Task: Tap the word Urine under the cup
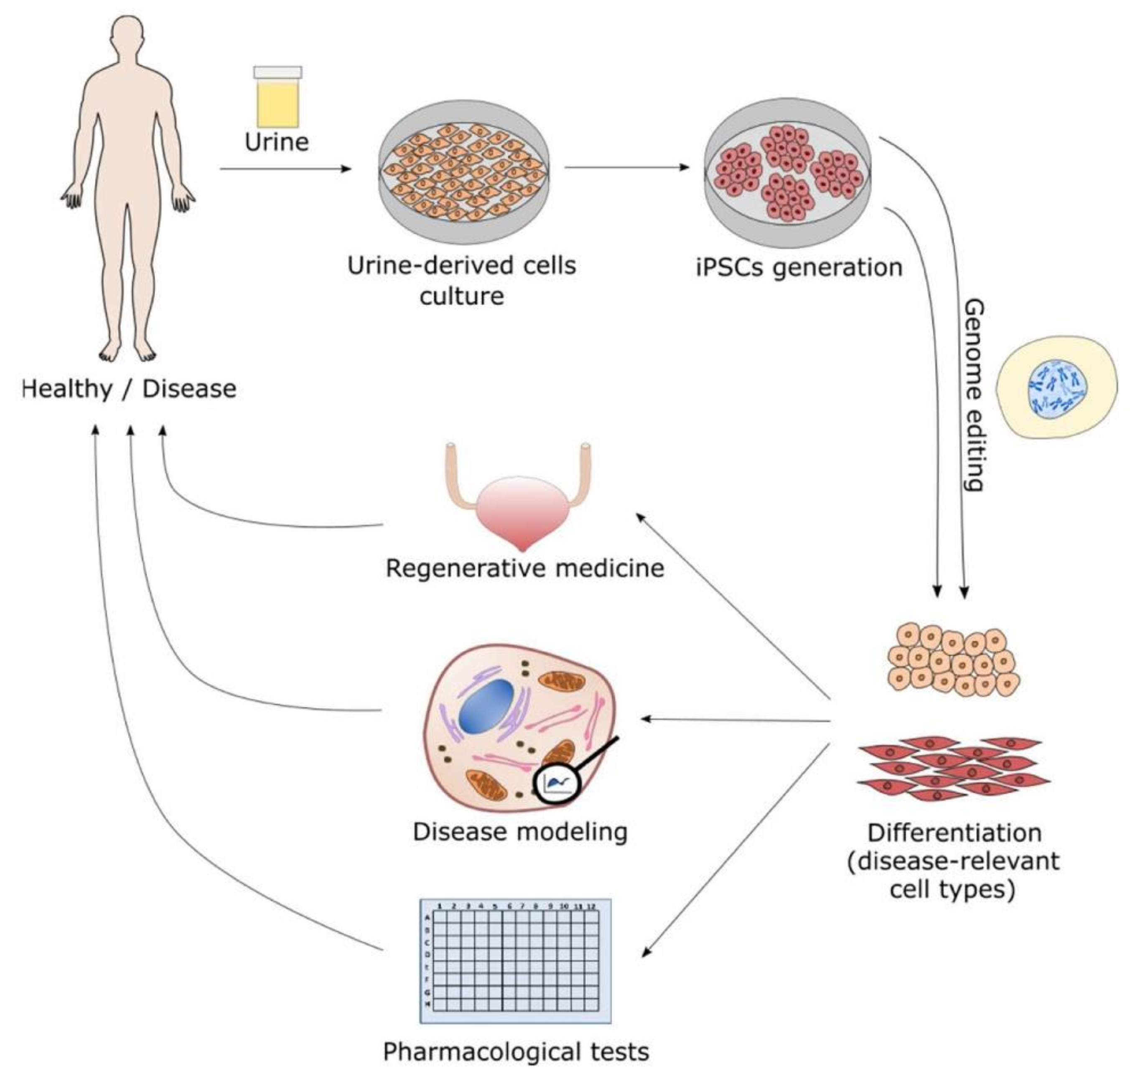click(277, 143)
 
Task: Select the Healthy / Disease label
click(129, 389)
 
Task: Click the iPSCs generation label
click(799, 267)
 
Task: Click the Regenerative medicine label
click(524, 568)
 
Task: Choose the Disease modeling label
click(520, 832)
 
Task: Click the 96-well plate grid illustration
click(515, 961)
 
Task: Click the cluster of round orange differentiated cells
click(953, 660)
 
